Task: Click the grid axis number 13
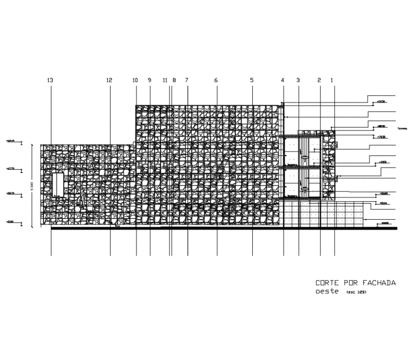point(51,80)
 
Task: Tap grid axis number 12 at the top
point(110,80)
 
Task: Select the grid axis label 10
point(135,80)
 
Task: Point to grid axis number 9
point(149,80)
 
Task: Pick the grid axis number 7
point(187,80)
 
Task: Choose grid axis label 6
point(216,80)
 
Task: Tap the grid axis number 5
point(252,80)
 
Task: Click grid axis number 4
point(283,80)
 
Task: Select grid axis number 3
point(298,80)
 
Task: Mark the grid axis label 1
point(332,80)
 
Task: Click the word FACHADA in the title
point(379,283)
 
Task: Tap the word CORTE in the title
point(327,283)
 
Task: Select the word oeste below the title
point(327,291)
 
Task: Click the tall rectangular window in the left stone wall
point(58,185)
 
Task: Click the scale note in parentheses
point(357,292)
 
